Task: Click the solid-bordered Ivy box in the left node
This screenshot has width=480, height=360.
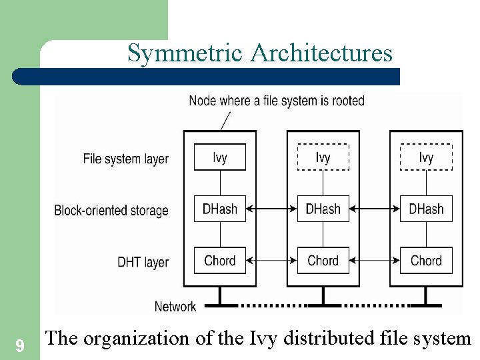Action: pos(220,157)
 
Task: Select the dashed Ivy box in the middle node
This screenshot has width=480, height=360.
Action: pos(323,157)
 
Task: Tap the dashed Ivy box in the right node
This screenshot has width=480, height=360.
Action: pos(426,157)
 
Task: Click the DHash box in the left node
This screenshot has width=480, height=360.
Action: pos(220,209)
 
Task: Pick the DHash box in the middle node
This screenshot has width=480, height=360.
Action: pos(323,209)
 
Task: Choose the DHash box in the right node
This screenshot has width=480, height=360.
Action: pos(426,209)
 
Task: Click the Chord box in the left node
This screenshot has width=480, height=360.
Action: pos(220,260)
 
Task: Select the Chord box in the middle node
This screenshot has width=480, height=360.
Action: pos(323,260)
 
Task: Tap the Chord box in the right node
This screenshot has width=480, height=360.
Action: pos(426,260)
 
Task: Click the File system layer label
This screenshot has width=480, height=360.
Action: pos(125,159)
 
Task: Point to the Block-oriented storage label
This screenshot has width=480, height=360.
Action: pos(111,210)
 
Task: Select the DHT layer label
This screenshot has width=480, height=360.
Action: pos(143,262)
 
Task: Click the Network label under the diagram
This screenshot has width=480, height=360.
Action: pos(175,307)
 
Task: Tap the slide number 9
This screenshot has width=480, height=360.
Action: pos(20,346)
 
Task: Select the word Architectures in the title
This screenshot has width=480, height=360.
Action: pos(321,53)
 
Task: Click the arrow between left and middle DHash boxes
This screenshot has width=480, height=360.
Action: pos(271,209)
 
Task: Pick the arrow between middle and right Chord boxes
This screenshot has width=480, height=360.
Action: pos(375,261)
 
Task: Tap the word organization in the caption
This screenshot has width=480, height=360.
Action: pos(136,338)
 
